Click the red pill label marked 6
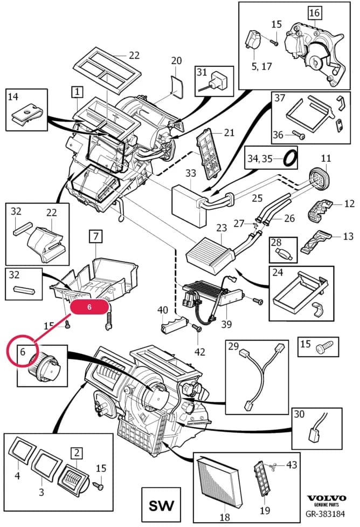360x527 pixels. click(89, 307)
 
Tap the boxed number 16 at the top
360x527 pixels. click(315, 13)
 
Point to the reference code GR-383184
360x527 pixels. click(325, 514)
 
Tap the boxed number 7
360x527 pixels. click(96, 236)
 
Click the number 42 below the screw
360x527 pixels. click(200, 352)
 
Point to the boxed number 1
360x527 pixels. click(77, 92)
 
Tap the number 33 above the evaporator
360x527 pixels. click(190, 173)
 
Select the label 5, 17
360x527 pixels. click(261, 66)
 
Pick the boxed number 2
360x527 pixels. click(77, 453)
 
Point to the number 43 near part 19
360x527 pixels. click(292, 464)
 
